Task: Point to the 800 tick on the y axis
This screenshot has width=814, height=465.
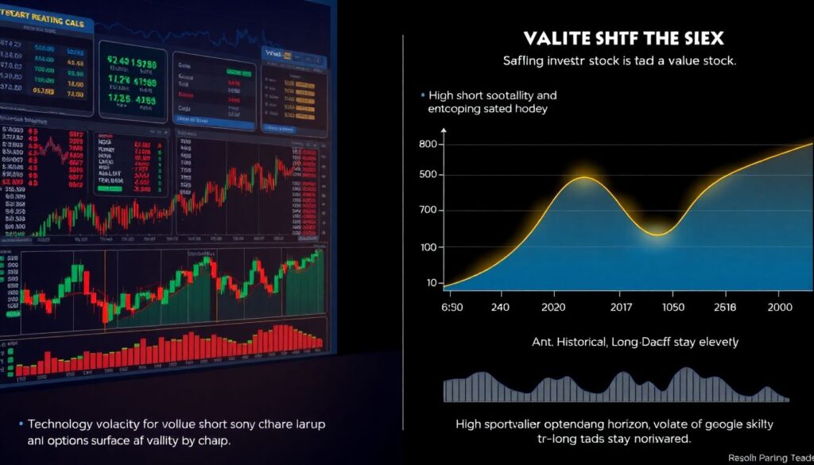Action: [x=428, y=144]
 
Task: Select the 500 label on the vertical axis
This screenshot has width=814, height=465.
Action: [x=428, y=175]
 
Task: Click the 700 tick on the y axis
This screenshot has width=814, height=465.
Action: [x=428, y=211]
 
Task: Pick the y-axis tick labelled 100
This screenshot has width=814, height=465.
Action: [x=428, y=246]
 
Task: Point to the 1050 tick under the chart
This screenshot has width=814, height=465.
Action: [x=674, y=307]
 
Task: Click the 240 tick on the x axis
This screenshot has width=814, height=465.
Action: [x=501, y=307]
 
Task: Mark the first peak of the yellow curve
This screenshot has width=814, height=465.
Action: [x=584, y=177]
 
